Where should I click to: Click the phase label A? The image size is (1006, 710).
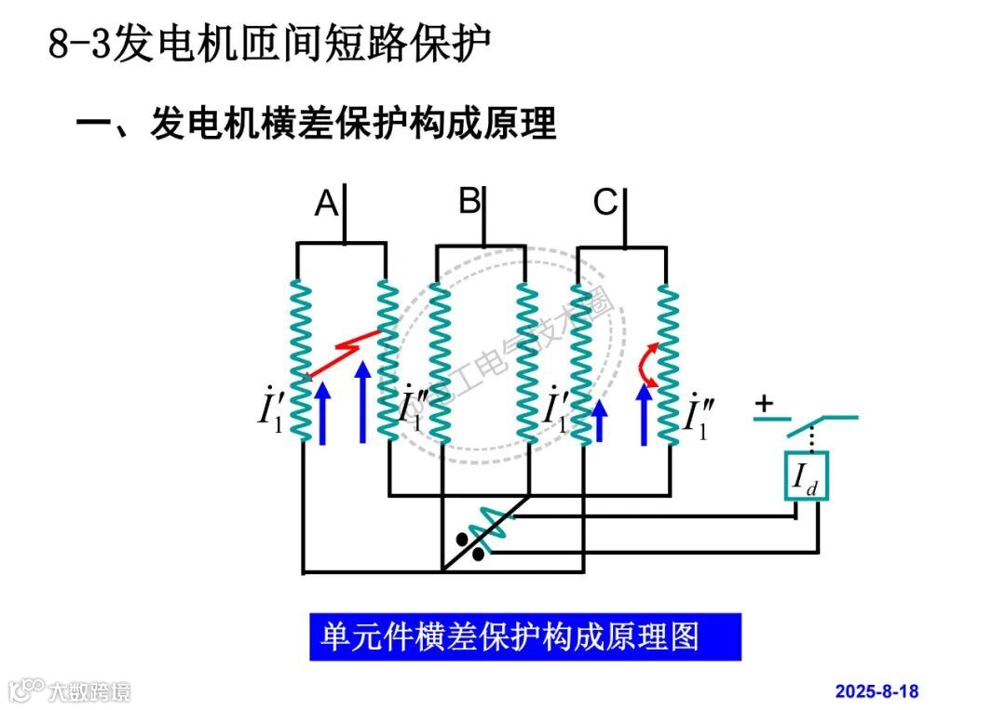(x=326, y=203)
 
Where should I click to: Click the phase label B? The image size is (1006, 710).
(x=469, y=201)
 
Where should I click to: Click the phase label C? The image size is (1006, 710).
(x=605, y=202)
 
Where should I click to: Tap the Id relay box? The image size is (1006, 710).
(x=805, y=477)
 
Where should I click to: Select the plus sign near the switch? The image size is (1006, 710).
(x=764, y=404)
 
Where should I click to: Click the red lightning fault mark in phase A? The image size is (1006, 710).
(x=346, y=353)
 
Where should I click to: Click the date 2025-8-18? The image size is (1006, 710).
(x=876, y=691)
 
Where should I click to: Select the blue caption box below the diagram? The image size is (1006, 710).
(x=525, y=636)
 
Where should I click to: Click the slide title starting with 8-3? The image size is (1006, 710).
(x=270, y=45)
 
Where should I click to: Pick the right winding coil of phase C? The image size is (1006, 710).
(x=667, y=363)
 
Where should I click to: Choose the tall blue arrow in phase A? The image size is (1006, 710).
(x=363, y=405)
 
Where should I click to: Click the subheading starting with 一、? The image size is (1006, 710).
(x=316, y=124)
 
